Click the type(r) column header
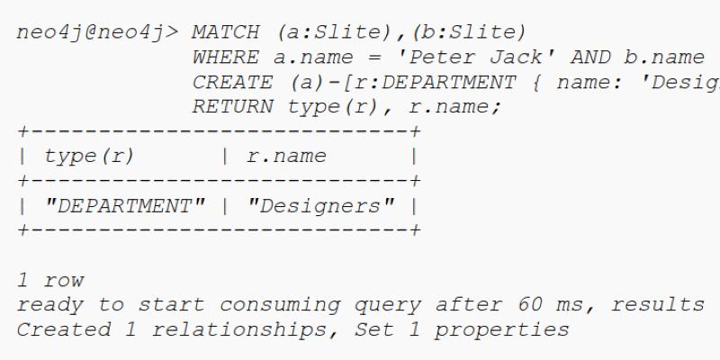pos(89,157)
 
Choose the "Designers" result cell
pos(320,206)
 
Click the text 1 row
pos(51,280)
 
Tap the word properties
pos(501,329)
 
